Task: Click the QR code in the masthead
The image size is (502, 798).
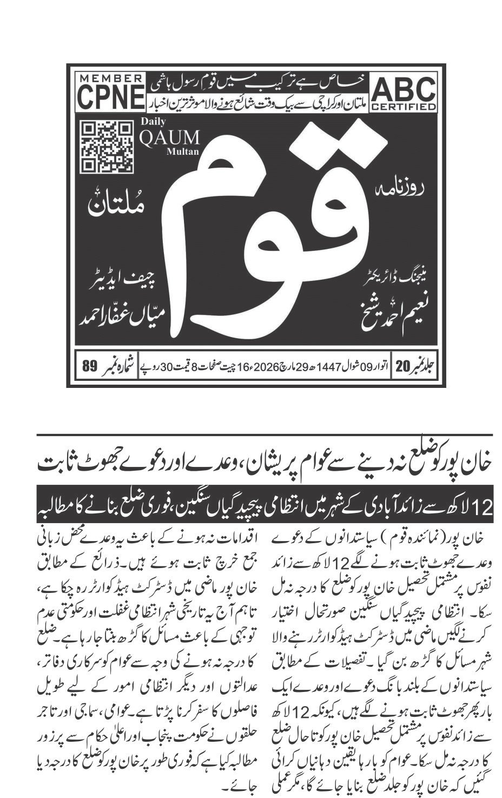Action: pyautogui.click(x=108, y=146)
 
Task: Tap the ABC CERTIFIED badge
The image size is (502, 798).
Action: pyautogui.click(x=404, y=93)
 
